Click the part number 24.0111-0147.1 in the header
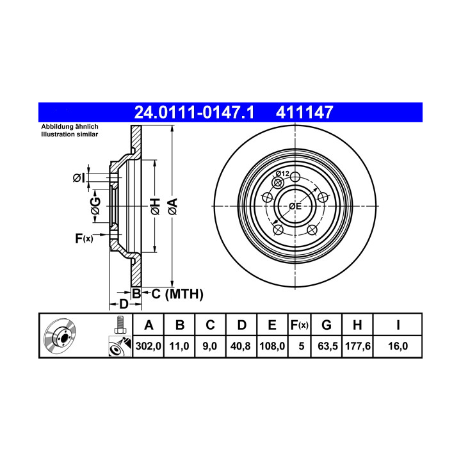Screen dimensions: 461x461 [x=194, y=112]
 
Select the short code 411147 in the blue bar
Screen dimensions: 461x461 [x=304, y=112]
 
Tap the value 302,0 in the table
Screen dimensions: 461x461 [x=148, y=346]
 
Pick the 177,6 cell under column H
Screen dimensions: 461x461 [x=357, y=346]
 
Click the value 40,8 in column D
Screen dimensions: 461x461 [x=241, y=346]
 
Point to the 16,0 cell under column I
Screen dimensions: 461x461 [x=398, y=346]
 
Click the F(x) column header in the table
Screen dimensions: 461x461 [x=299, y=325]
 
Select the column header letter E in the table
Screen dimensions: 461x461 [x=272, y=325]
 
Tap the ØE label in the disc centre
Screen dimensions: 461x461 [x=295, y=206]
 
